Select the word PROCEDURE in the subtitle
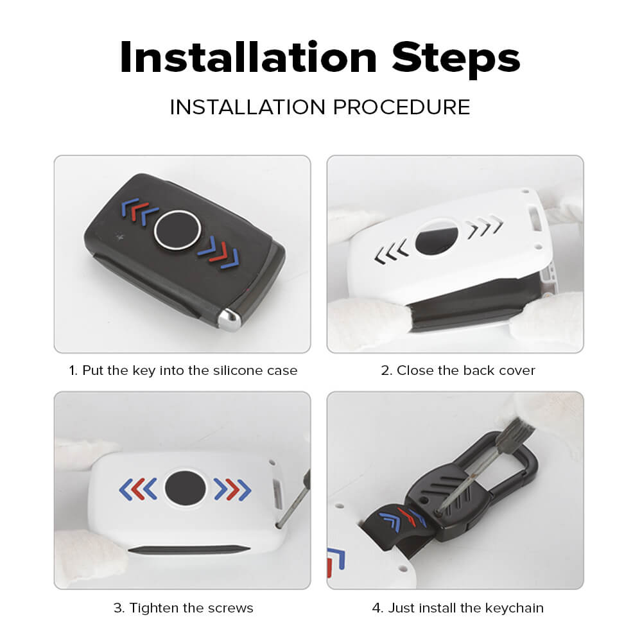point(401,107)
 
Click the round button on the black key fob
point(177,230)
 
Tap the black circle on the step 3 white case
point(185,488)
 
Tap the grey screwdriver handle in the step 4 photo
point(515,435)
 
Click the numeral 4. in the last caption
point(377,608)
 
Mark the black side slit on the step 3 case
point(189,550)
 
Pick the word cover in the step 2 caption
point(517,370)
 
